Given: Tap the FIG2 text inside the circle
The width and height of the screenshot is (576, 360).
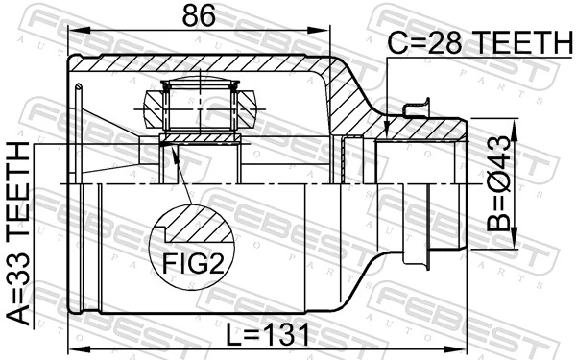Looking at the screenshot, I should (192, 261).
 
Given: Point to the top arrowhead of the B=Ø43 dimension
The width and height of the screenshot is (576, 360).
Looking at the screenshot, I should (518, 122).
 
